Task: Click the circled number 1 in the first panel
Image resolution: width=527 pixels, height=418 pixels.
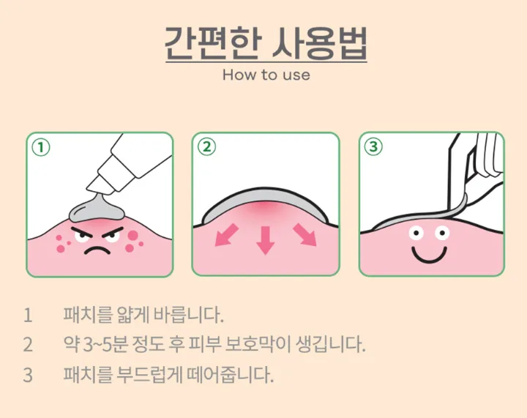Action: [41, 148]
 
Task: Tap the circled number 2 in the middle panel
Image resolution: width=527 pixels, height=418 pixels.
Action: [206, 147]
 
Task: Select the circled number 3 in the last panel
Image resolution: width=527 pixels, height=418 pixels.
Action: [373, 146]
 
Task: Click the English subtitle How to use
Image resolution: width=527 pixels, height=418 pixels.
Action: [266, 75]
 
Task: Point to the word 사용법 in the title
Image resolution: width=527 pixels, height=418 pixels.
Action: [319, 43]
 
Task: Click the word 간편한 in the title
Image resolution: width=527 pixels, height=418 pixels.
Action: [213, 43]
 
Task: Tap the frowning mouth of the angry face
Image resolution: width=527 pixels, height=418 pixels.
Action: [97, 250]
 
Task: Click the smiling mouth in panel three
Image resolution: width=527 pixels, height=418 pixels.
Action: [430, 255]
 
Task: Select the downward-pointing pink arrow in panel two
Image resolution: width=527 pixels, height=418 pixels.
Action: [266, 240]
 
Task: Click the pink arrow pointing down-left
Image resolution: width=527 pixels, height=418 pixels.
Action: [226, 235]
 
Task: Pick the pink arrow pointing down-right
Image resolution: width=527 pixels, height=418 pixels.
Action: [304, 235]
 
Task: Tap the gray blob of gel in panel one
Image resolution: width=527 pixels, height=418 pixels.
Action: [96, 209]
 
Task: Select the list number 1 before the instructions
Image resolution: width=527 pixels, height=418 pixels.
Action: [28, 316]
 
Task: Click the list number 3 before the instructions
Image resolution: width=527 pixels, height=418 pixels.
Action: [28, 375]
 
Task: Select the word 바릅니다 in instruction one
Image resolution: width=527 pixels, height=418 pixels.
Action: [189, 315]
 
